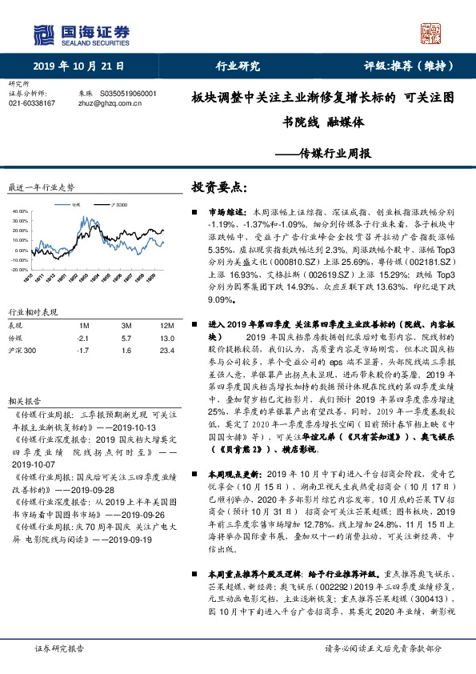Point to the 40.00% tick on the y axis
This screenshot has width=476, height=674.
tap(19, 211)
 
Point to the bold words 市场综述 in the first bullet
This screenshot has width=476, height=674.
tap(227, 212)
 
